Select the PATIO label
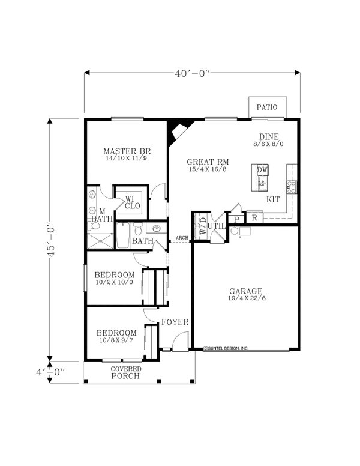(267, 108)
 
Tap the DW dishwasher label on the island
(262, 170)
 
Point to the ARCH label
(182, 238)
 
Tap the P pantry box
(237, 219)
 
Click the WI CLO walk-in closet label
(132, 202)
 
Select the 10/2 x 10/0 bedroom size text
(114, 283)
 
